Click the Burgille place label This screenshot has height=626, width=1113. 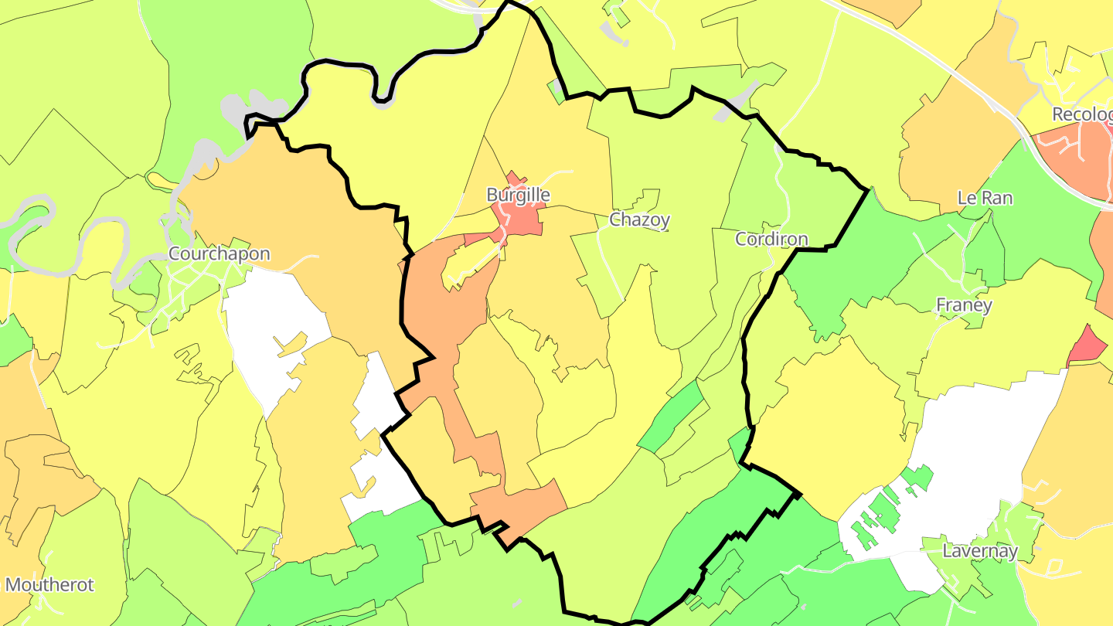point(518,196)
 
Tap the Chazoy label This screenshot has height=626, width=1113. point(639,219)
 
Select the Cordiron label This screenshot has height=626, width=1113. point(771,239)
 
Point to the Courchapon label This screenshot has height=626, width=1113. point(220,253)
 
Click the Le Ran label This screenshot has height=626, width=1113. point(985,198)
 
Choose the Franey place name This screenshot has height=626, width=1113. point(964,305)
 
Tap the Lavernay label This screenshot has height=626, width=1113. point(980,551)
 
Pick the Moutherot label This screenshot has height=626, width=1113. point(49,584)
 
